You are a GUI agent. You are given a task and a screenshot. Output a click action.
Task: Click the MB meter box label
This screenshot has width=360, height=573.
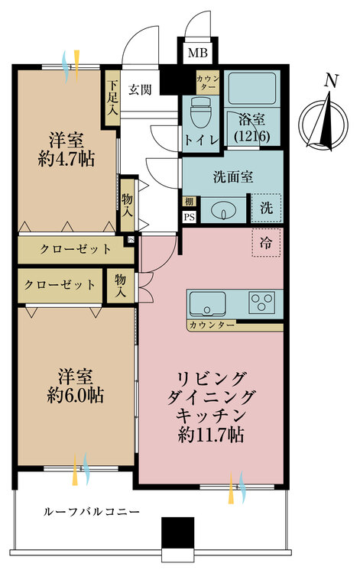pyautogui.click(x=197, y=53)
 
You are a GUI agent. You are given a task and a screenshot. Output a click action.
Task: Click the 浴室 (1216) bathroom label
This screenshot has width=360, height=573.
pyautogui.click(x=251, y=128)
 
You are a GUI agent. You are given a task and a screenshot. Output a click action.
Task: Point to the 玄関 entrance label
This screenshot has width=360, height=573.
pyautogui.click(x=140, y=89)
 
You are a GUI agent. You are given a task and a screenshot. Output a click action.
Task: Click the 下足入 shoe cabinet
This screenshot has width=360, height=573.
pyautogui.click(x=112, y=96)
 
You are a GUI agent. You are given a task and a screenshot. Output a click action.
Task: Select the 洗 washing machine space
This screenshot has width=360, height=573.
pyautogui.click(x=266, y=207)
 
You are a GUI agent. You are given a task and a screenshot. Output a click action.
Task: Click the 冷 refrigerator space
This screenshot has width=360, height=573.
pyautogui.click(x=265, y=244)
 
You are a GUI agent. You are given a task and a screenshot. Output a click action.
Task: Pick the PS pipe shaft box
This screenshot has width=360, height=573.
pyautogui.click(x=188, y=216)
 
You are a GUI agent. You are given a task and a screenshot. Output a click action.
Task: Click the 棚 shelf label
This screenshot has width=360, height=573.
pyautogui.click(x=188, y=202)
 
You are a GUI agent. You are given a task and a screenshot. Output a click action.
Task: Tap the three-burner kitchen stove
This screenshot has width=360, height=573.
pyautogui.click(x=264, y=302)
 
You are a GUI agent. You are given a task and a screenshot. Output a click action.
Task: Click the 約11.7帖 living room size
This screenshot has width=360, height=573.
pyautogui.click(x=209, y=436)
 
